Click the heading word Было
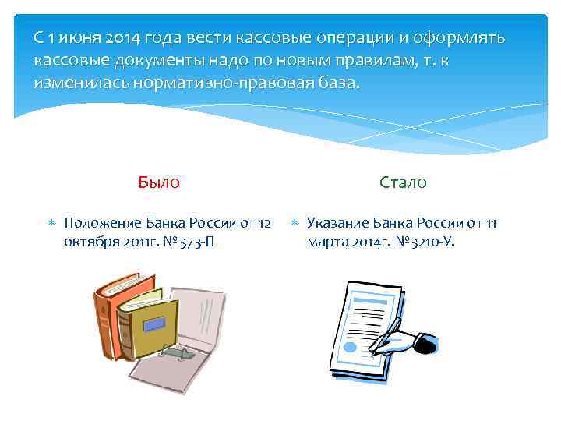(x=159, y=182)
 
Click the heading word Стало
(x=403, y=182)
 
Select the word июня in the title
(x=72, y=37)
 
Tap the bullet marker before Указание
(x=295, y=225)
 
